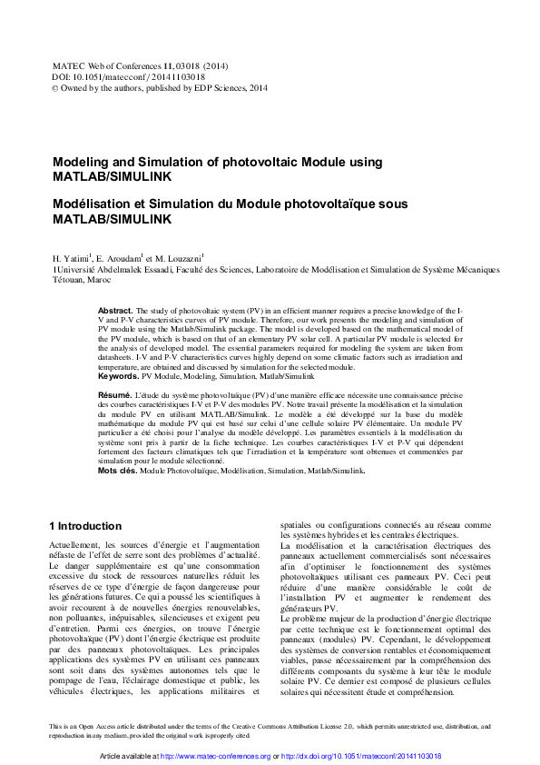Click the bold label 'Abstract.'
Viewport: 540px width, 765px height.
pos(115,311)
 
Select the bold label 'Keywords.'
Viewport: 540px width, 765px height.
pos(118,375)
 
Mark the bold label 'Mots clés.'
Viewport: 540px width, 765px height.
pos(117,471)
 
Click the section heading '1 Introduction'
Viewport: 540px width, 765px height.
pos(84,526)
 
